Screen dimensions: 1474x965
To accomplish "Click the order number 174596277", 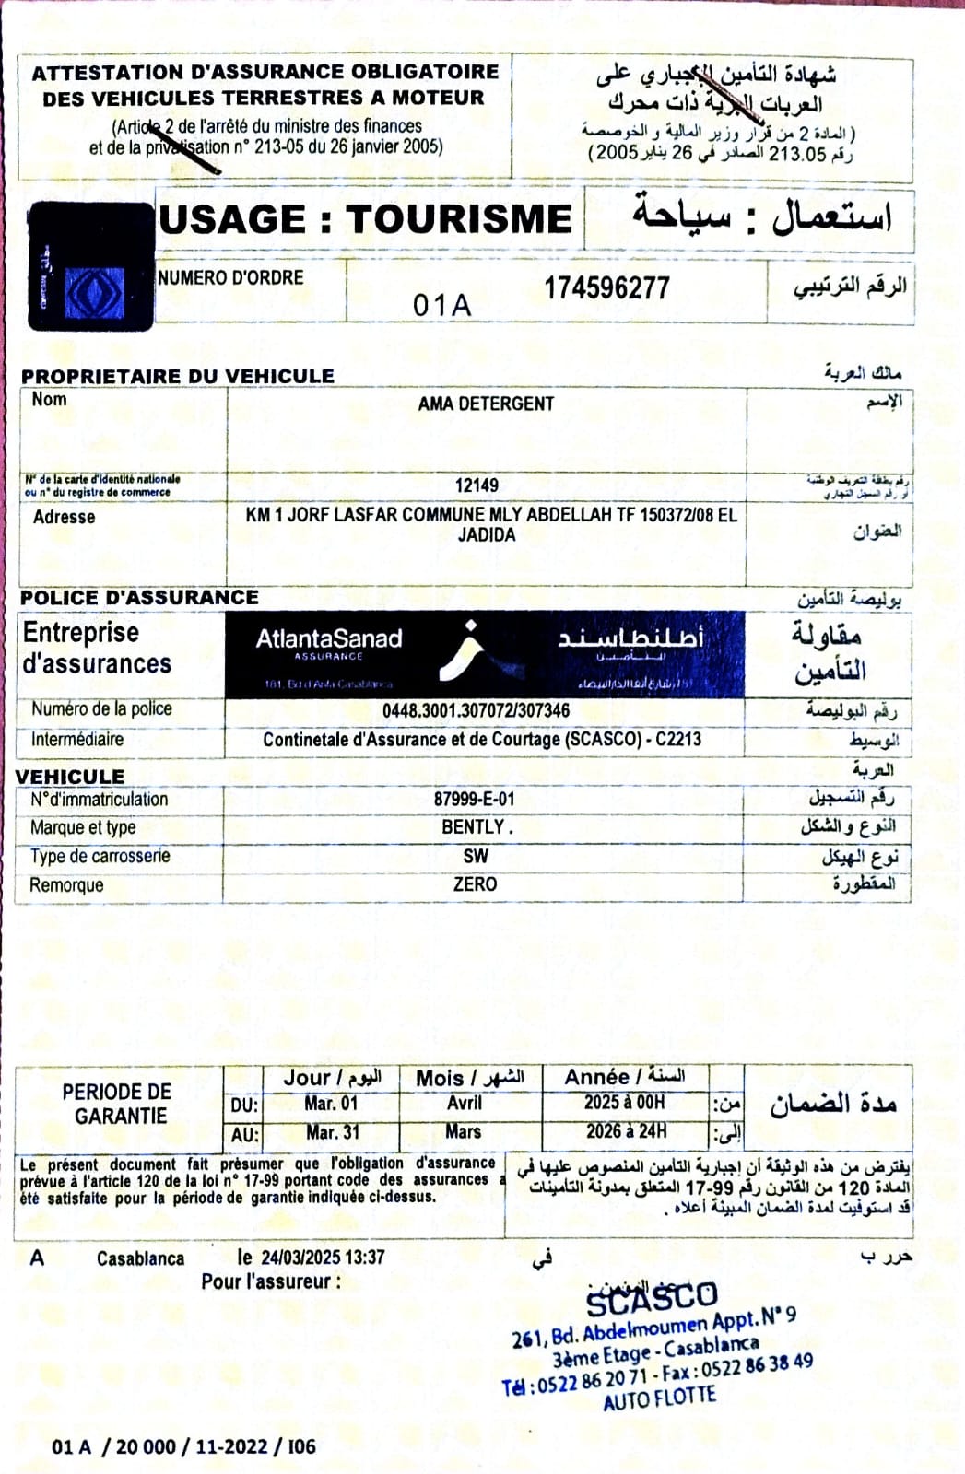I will coord(606,287).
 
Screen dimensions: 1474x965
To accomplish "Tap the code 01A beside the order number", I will coord(441,305).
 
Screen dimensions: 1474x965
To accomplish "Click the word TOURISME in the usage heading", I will coord(459,219).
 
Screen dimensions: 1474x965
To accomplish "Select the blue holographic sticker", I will coord(91,267).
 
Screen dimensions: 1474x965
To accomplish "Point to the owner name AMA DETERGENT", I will coord(486,404).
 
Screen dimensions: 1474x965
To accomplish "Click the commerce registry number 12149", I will coord(477,485).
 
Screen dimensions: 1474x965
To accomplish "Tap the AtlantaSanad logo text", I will coord(328,639).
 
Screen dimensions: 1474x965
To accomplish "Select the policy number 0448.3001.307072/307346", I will coord(476,710).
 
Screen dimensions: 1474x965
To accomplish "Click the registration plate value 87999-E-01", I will coord(474,800).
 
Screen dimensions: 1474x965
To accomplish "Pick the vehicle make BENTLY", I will coord(476,827).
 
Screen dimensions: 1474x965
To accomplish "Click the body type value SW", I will coord(476,856).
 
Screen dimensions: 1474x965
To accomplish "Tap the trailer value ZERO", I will coord(475,884).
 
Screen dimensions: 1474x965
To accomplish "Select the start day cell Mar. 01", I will coord(331,1104).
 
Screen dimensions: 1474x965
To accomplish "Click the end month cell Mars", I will coord(464,1131).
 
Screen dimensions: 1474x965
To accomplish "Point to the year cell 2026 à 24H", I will coord(626,1131).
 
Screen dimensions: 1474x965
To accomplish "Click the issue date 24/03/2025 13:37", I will coord(322,1257).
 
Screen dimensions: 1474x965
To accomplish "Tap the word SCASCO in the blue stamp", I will coord(652,1300).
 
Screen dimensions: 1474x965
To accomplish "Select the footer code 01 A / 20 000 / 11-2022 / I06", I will coord(183,1446).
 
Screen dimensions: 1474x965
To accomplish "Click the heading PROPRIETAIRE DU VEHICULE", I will coord(177,376).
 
